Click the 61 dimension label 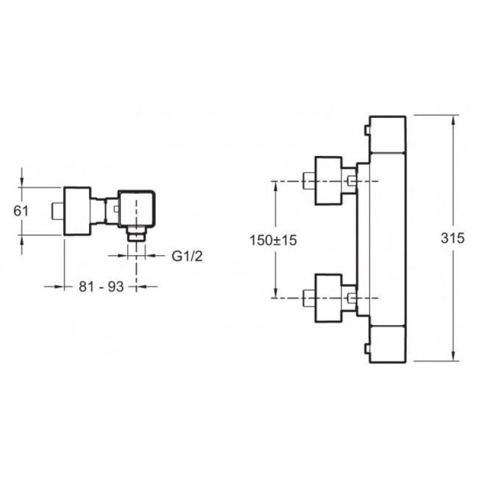(21, 211)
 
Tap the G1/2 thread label (187, 256)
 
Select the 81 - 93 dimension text (101, 287)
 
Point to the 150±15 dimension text (273, 240)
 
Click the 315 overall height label (453, 238)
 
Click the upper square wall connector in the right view (328, 181)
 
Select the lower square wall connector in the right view (328, 298)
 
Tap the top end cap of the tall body (387, 134)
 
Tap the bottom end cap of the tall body (387, 344)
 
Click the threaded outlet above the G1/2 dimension (137, 234)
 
